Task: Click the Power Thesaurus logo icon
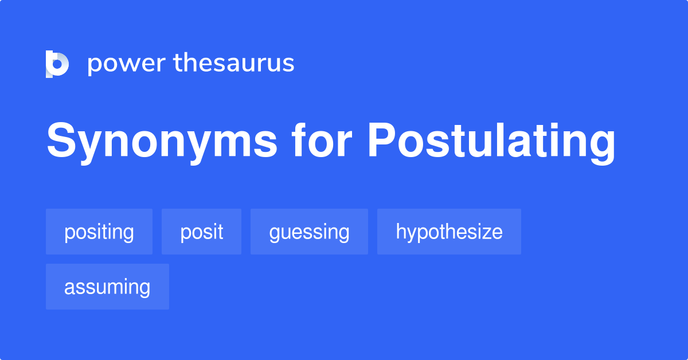(57, 64)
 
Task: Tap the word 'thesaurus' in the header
(234, 64)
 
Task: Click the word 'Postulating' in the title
(491, 142)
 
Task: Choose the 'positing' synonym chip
(99, 232)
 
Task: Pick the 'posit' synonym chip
(201, 232)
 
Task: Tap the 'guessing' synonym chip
(309, 232)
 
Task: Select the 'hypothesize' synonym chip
(449, 232)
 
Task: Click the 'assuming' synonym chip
(107, 287)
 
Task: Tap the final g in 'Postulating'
(602, 147)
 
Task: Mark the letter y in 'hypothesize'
(411, 234)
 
